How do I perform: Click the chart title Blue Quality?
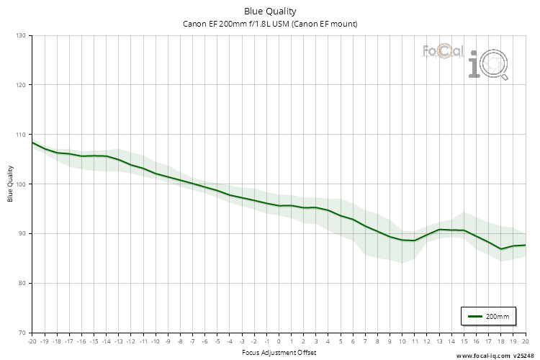270,12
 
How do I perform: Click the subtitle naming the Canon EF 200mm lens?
270,24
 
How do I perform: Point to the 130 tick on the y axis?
20,35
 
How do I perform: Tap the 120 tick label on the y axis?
20,85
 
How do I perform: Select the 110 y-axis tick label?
20,135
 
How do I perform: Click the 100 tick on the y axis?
20,184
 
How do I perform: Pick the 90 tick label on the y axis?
22,233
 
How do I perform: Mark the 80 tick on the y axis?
22,283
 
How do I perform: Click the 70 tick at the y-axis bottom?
22,333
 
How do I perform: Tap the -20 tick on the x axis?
32,341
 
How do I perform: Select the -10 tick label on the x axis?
155,341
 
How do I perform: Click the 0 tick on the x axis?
279,341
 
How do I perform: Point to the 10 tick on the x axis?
402,341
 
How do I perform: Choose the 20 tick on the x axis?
525,341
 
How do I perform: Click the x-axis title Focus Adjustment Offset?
279,353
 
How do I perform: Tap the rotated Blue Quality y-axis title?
11,184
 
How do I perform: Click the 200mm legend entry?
489,316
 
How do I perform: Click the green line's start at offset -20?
32,143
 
